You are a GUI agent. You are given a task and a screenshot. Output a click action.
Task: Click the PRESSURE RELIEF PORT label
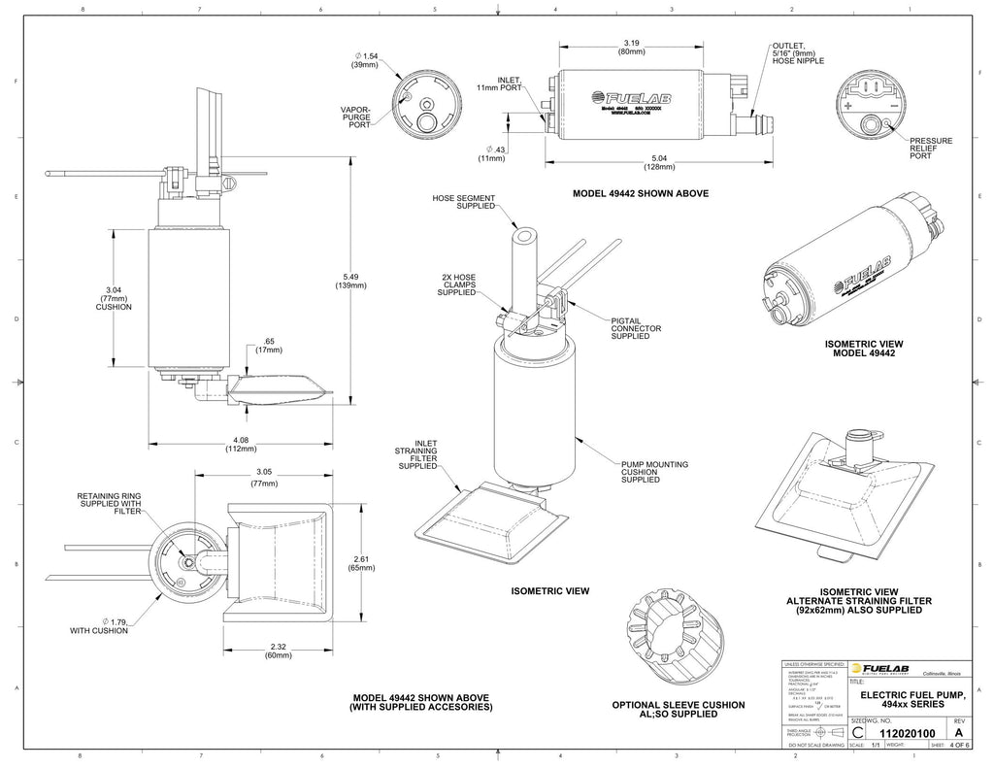tap(930, 148)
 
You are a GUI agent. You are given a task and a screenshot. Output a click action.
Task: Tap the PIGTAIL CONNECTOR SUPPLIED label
tap(636, 328)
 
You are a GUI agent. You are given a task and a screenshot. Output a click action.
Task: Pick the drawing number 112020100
tap(906, 734)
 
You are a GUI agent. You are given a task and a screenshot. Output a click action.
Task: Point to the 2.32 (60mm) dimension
tap(278, 650)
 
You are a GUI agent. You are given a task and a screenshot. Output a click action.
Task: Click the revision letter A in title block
tap(959, 734)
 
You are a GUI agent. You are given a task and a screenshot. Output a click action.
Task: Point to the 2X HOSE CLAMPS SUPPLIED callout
tap(457, 284)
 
